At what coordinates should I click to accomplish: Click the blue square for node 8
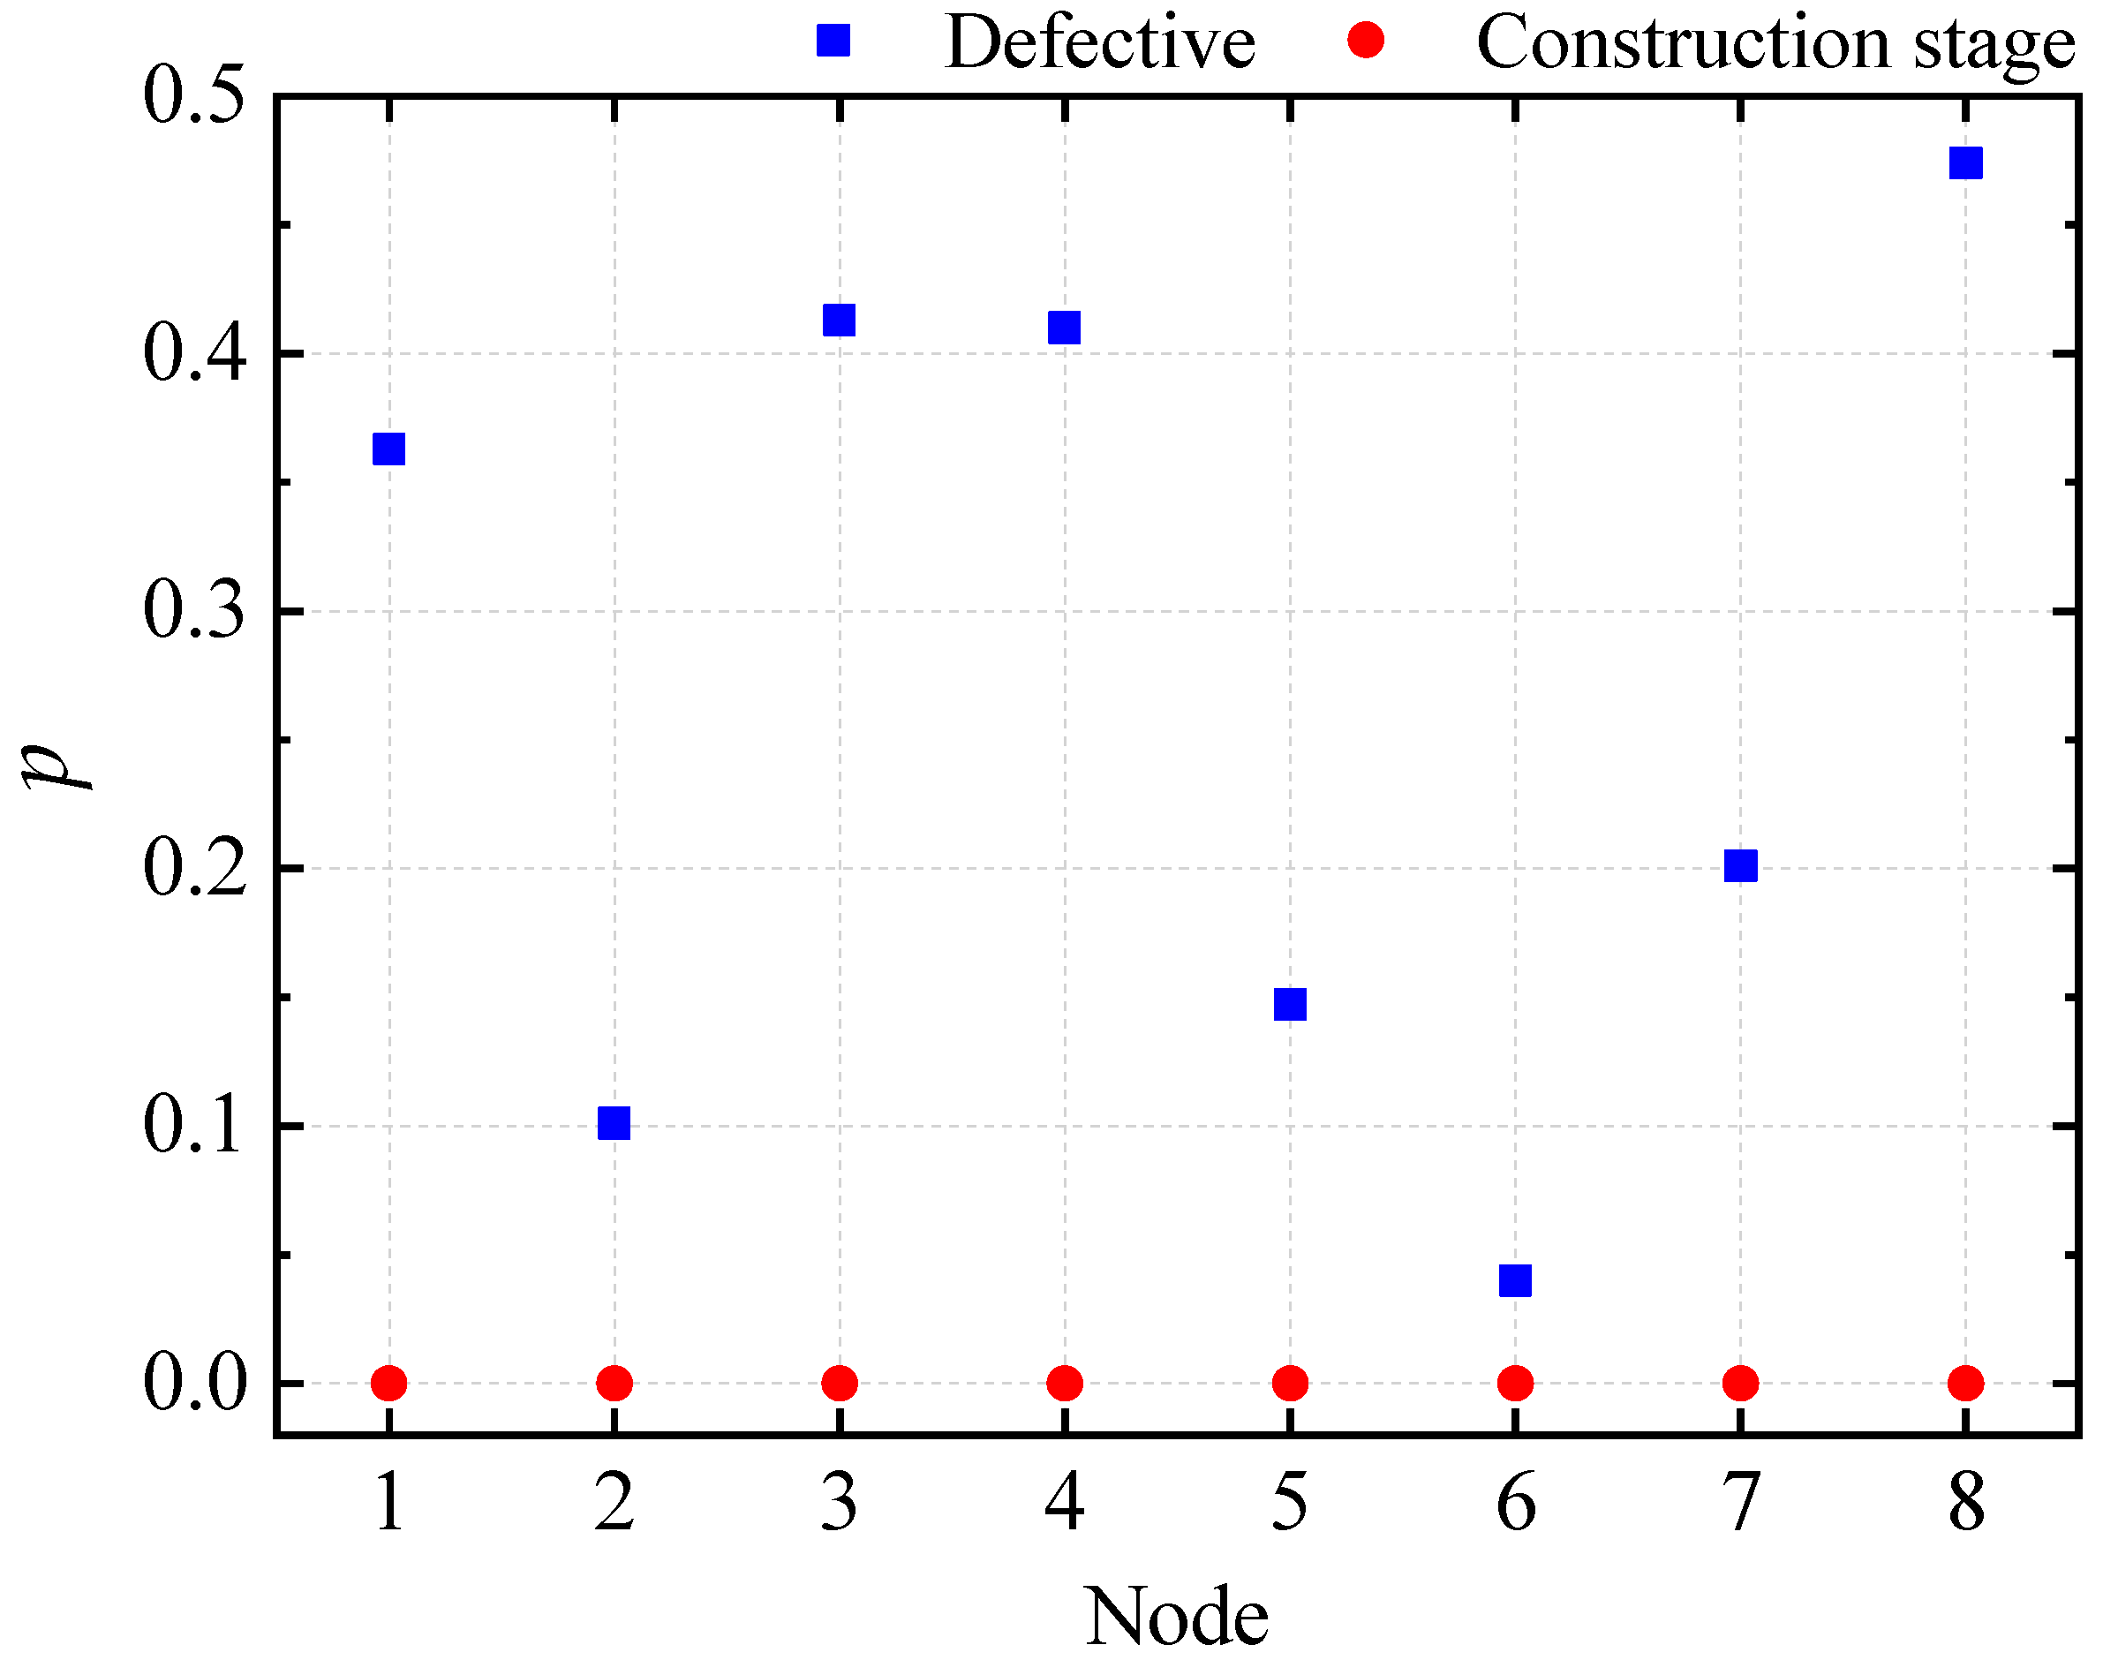click(x=1965, y=163)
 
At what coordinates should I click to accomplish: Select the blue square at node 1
click(x=388, y=449)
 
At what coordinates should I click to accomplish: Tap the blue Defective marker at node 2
click(x=614, y=1123)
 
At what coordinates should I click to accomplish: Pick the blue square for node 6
click(x=1515, y=1281)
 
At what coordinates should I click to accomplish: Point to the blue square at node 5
click(x=1290, y=1004)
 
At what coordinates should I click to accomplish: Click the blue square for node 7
click(x=1740, y=865)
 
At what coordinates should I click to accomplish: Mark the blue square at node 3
click(x=839, y=320)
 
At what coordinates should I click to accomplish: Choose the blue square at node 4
click(x=1064, y=328)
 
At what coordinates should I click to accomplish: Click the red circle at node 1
click(x=388, y=1383)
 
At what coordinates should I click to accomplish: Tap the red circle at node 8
click(x=1965, y=1383)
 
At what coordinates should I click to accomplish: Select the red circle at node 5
click(x=1290, y=1383)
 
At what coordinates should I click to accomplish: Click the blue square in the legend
click(x=833, y=41)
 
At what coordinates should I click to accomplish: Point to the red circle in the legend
click(x=1366, y=41)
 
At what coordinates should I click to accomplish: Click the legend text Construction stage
click(x=1775, y=45)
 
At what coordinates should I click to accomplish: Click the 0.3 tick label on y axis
click(x=193, y=611)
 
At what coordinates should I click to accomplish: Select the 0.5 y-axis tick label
click(x=193, y=97)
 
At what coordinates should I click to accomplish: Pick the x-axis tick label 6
click(x=1515, y=1503)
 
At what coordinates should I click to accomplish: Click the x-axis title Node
click(x=1176, y=1615)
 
